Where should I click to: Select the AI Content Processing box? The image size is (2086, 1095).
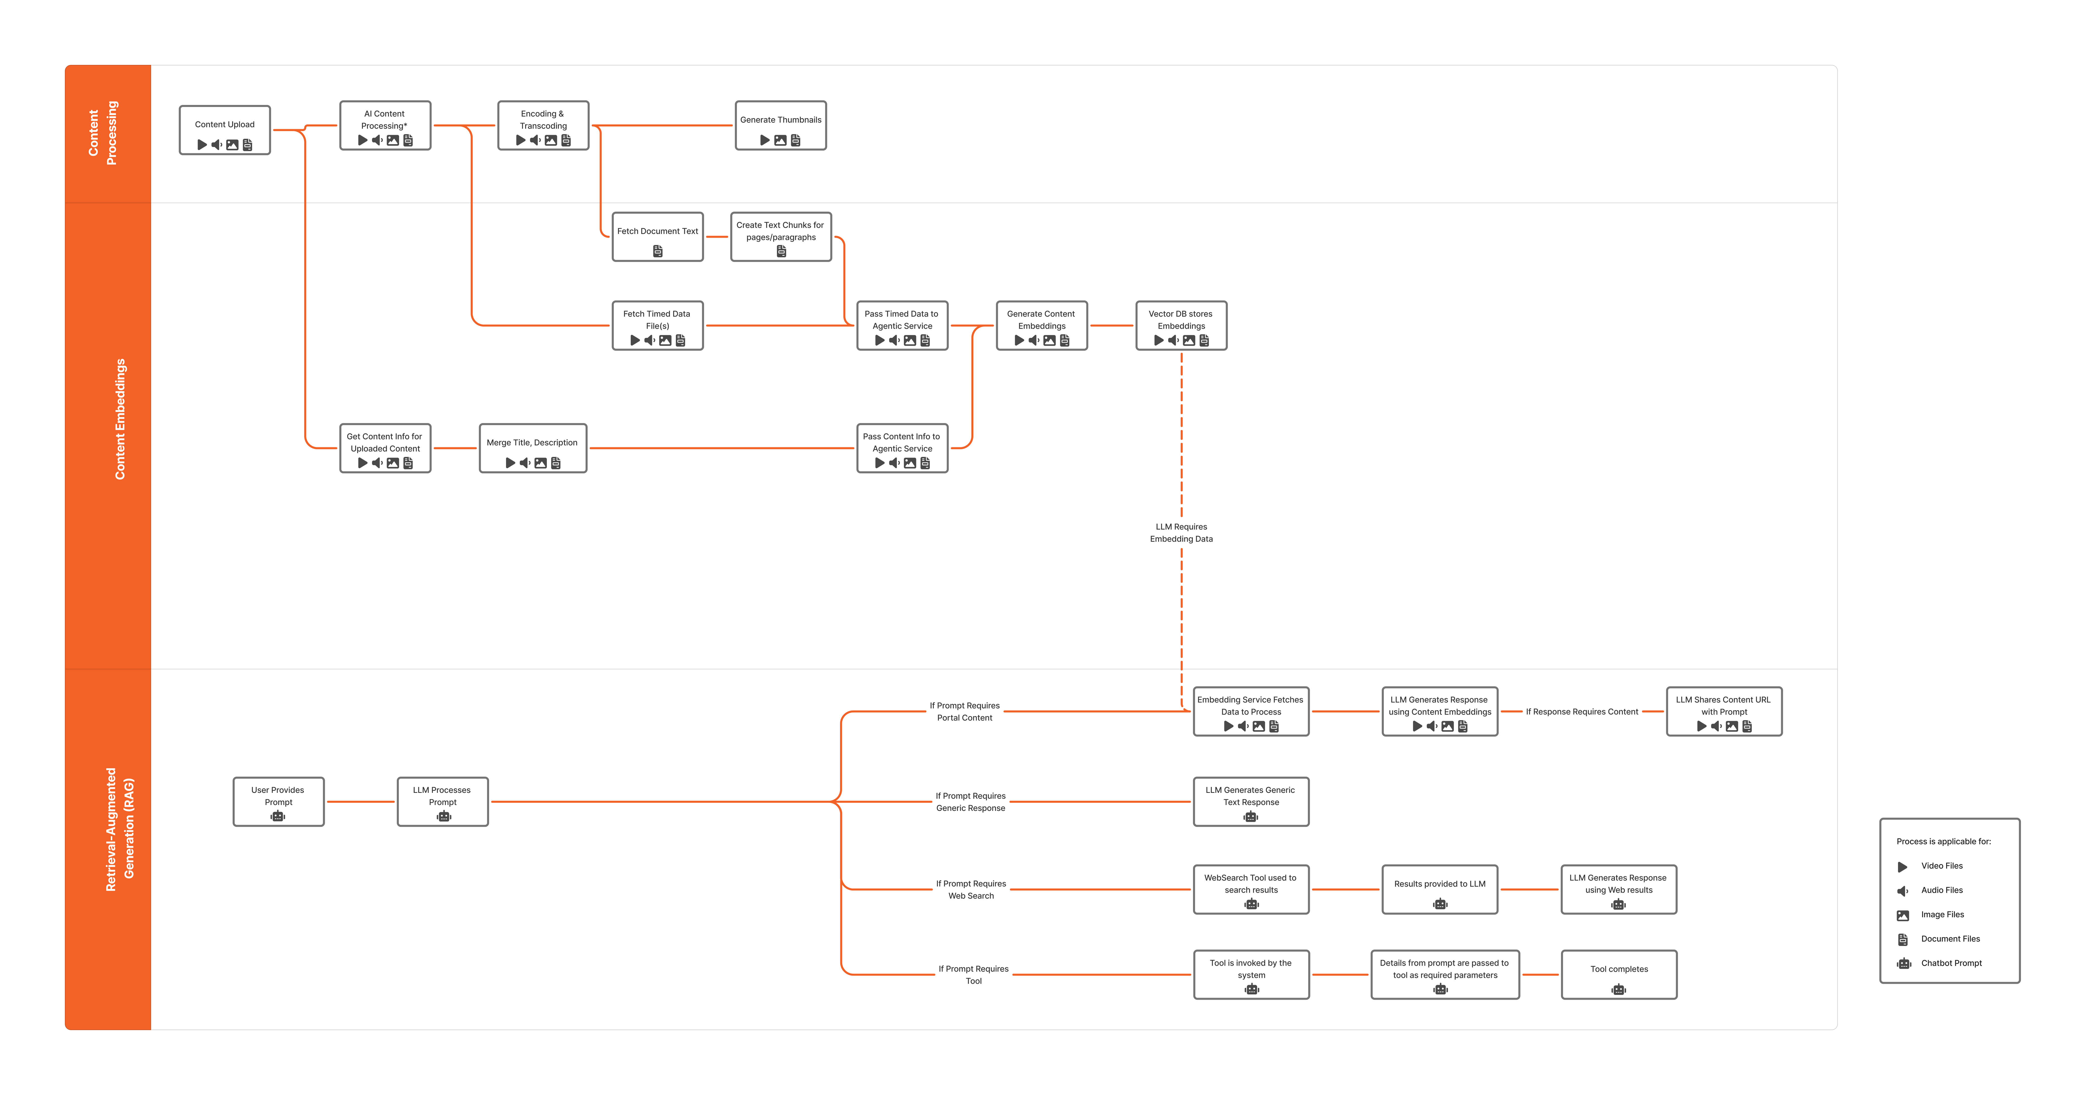385,125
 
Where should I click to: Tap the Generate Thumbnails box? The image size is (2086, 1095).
780,125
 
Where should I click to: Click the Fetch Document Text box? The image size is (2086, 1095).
657,236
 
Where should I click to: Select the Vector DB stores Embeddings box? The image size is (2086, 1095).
1181,325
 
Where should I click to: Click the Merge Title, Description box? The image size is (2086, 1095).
532,448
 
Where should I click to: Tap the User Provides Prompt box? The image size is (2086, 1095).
278,802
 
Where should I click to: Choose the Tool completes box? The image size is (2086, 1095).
1618,974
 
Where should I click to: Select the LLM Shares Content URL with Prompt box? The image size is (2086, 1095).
1723,712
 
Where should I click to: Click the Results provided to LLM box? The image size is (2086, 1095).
1439,889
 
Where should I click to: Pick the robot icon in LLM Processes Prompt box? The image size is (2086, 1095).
443,816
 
